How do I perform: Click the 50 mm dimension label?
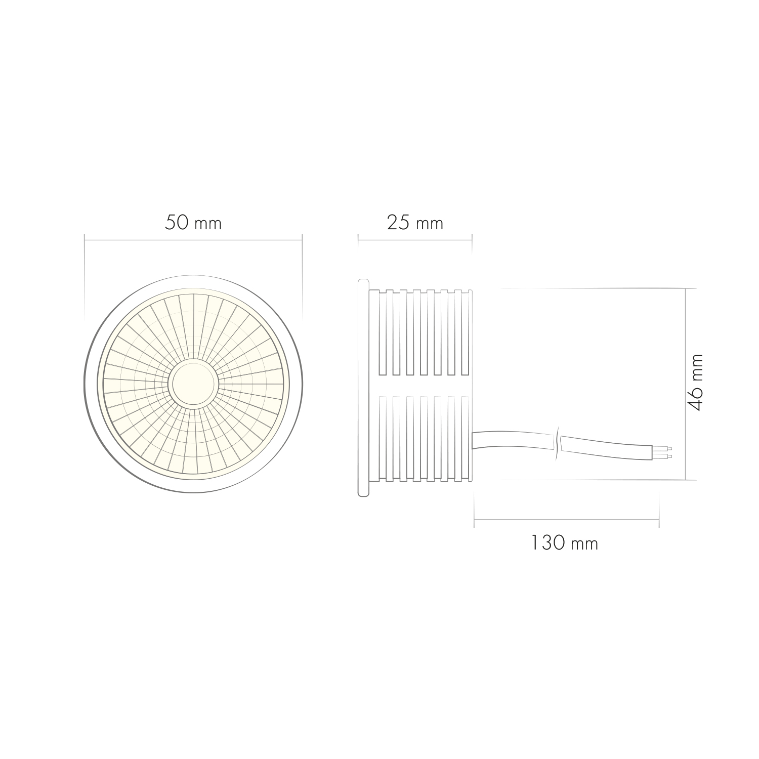[193, 223]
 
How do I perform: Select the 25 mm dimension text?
[415, 223]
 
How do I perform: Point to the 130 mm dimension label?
[564, 543]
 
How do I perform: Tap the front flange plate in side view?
[363, 387]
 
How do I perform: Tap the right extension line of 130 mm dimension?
[659, 509]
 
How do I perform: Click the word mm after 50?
[208, 224]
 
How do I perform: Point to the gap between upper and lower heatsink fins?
[425, 386]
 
